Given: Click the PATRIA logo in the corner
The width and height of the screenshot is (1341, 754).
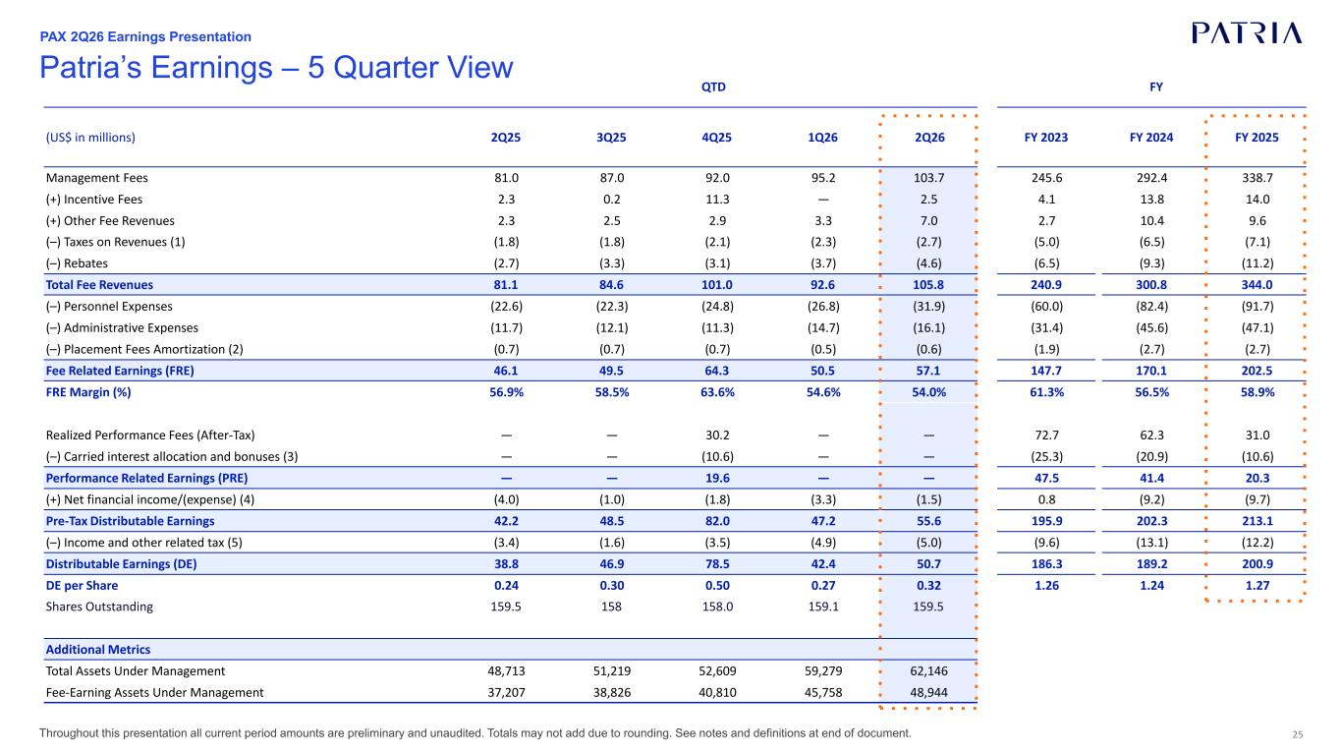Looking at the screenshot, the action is pyautogui.click(x=1247, y=33).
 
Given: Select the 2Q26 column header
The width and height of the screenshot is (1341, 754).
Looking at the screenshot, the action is pyautogui.click(x=929, y=138).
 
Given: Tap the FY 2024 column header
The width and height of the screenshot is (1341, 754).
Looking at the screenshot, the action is pyautogui.click(x=1151, y=138).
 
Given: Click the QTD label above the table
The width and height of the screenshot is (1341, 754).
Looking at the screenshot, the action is pyautogui.click(x=713, y=87).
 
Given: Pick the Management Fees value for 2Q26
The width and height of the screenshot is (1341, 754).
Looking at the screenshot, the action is pyautogui.click(x=928, y=178).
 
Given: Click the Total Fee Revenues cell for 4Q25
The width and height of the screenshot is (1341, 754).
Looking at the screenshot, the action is pyautogui.click(x=716, y=285).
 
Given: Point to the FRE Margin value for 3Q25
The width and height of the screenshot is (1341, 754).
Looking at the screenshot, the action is pyautogui.click(x=611, y=392).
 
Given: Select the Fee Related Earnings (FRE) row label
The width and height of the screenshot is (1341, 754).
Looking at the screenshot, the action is pyautogui.click(x=120, y=371).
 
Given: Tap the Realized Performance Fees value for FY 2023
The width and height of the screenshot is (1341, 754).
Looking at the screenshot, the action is pyautogui.click(x=1046, y=435).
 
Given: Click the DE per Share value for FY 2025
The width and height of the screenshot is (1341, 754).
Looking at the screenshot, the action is pyautogui.click(x=1257, y=586).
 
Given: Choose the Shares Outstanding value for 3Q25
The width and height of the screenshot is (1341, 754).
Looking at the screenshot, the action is pyautogui.click(x=611, y=607).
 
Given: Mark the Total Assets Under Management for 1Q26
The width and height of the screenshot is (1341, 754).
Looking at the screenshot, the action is pyautogui.click(x=823, y=671).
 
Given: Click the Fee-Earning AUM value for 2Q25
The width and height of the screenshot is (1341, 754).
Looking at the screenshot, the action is pyautogui.click(x=506, y=693).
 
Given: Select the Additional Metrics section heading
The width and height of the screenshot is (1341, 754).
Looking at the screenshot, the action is pyautogui.click(x=98, y=650).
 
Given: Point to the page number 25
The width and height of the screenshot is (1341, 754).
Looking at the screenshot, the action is pyautogui.click(x=1298, y=734).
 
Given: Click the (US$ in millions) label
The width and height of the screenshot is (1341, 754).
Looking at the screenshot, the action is pyautogui.click(x=90, y=138).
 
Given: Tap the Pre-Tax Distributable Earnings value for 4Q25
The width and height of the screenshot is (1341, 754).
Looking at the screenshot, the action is pyautogui.click(x=717, y=521).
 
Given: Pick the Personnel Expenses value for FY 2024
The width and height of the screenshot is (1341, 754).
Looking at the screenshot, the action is pyautogui.click(x=1151, y=307).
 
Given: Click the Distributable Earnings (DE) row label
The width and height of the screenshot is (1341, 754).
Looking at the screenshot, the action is pyautogui.click(x=121, y=564).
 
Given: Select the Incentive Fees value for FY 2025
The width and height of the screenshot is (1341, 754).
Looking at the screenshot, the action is pyautogui.click(x=1257, y=200).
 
